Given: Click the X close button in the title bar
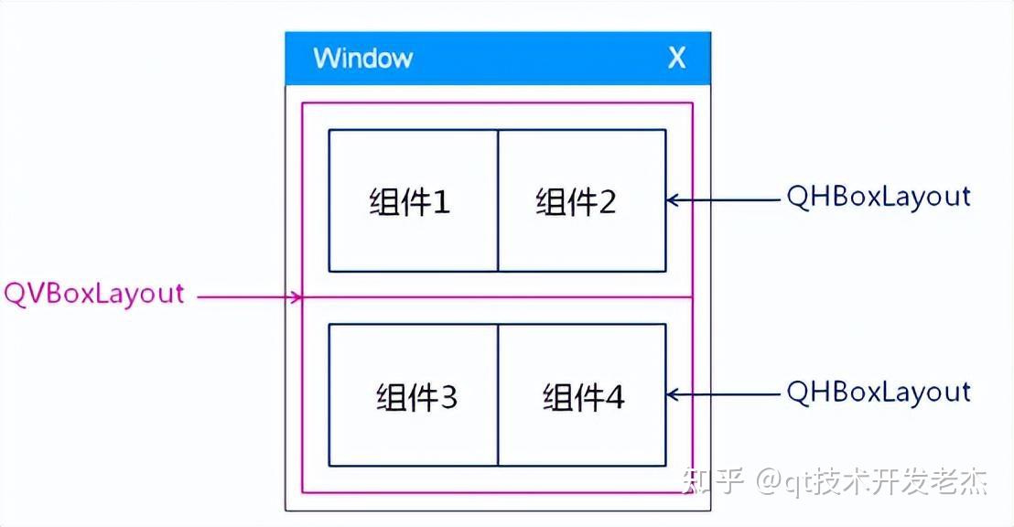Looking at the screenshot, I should [676, 59].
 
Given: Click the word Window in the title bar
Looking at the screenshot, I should [362, 59].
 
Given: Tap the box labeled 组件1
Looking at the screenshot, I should [413, 200].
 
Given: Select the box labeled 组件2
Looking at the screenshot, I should [582, 200].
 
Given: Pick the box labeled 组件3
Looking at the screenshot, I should [413, 395].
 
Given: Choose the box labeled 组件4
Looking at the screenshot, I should [582, 395].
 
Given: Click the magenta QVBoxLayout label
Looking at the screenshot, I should [94, 295].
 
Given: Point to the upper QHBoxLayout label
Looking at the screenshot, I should [879, 198].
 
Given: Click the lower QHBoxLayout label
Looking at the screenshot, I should [879, 393].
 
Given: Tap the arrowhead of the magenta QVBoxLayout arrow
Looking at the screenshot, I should [297, 296].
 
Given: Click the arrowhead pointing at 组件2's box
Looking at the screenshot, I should [672, 199].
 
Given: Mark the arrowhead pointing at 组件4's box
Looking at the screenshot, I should [672, 394].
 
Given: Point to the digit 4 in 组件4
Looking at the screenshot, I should [614, 398].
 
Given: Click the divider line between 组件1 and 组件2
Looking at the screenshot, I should [498, 200].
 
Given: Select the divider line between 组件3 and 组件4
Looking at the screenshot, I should [498, 395].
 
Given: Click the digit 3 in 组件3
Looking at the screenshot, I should [448, 398].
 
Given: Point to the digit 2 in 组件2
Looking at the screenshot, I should [608, 202].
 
